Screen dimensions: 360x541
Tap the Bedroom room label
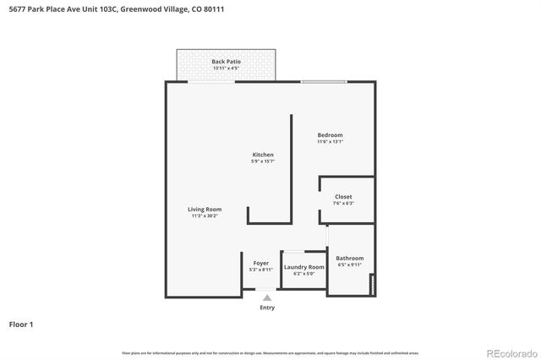click(330, 135)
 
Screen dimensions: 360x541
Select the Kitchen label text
click(263, 155)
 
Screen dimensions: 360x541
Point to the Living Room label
click(205, 210)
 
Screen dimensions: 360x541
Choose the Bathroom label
click(349, 259)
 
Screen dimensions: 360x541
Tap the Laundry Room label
click(303, 267)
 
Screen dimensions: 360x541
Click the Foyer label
click(261, 263)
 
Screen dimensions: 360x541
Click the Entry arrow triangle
click(267, 297)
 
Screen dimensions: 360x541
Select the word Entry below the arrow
click(267, 308)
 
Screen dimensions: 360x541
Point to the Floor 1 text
click(21, 324)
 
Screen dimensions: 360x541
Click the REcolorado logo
click(511, 352)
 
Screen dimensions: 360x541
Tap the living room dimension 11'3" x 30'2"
click(205, 216)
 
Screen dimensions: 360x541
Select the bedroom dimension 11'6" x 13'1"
click(330, 142)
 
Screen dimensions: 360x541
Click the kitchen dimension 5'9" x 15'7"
click(263, 161)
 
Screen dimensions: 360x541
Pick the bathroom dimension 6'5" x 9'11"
click(349, 265)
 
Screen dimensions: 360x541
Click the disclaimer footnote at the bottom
click(270, 352)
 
